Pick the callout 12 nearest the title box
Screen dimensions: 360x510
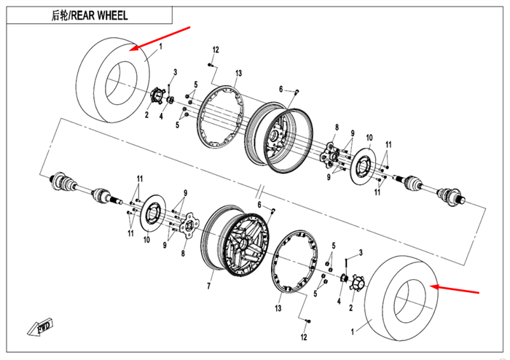point(216,50)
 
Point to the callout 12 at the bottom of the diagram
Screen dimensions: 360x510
point(304,337)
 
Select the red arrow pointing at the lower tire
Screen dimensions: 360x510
point(456,290)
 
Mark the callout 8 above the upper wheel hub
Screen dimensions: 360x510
point(337,127)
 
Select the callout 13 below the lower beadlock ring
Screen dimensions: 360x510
point(278,309)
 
